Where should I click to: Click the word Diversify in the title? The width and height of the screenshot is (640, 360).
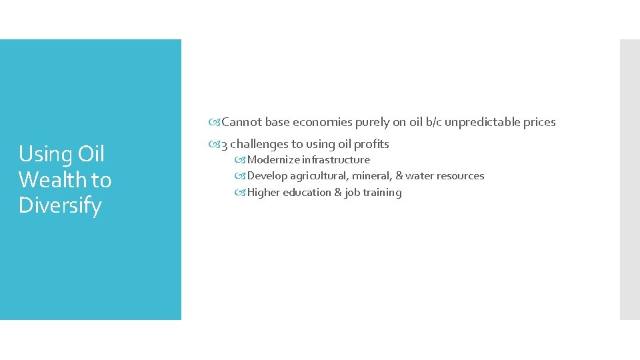[x=60, y=205]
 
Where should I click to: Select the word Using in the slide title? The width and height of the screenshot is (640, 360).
[x=46, y=155]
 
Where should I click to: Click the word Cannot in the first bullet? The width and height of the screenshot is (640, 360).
[x=242, y=122]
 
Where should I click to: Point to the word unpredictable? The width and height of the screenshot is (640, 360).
[x=476, y=122]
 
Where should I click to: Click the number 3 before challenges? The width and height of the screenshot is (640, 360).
[x=225, y=145]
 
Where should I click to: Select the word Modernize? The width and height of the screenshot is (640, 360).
[x=273, y=160]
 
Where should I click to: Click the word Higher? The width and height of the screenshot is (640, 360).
[x=263, y=193]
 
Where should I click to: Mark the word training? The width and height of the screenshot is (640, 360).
[x=383, y=193]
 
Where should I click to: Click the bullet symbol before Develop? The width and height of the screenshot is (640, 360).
[x=241, y=176]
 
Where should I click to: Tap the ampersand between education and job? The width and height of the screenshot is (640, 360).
[x=336, y=193]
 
